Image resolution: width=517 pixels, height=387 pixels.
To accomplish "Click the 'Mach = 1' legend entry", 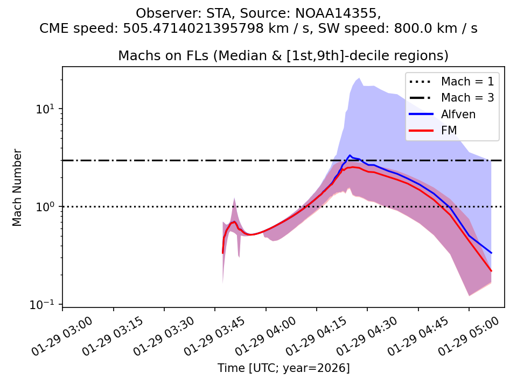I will click(467, 82).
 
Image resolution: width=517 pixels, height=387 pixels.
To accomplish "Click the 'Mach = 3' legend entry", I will click(467, 98).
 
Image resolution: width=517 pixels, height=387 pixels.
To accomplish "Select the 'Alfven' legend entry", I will click(458, 114).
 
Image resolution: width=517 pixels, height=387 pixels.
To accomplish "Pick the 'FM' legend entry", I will click(449, 130).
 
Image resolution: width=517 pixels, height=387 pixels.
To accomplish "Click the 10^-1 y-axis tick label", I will click(48, 305).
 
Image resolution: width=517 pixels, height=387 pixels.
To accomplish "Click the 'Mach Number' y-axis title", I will click(18, 187).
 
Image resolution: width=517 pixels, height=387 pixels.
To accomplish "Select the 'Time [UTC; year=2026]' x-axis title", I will click(283, 368).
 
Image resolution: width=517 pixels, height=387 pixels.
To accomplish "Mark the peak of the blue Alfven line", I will click(350, 155).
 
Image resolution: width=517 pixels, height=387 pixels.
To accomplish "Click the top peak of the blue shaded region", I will click(359, 78).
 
